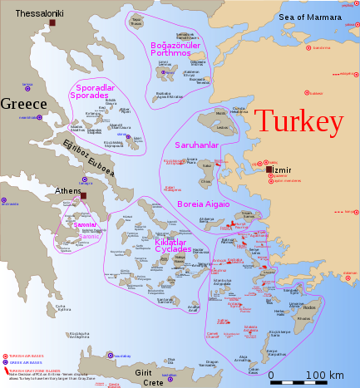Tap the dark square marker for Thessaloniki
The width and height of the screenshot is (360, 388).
click(52, 23)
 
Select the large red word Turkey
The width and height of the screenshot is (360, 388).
click(298, 122)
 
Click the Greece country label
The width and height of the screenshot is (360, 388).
click(24, 105)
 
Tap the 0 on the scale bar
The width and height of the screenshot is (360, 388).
click(271, 376)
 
